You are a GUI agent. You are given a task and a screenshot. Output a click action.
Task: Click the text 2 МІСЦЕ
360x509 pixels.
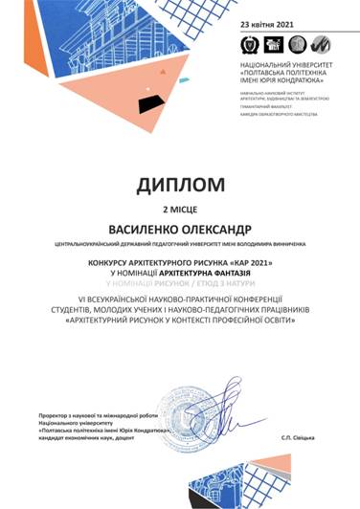coord(179,207)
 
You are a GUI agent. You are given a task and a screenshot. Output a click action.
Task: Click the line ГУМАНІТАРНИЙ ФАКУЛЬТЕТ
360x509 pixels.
coord(258,106)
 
